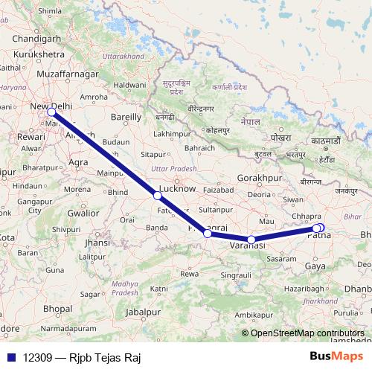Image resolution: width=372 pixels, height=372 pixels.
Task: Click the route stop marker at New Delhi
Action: [51, 113]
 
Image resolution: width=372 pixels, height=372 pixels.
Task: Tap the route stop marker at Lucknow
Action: [157, 196]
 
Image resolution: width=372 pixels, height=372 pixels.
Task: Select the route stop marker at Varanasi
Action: [252, 240]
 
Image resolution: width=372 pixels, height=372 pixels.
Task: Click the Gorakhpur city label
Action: [260, 179]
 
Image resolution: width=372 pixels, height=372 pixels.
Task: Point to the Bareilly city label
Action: [125, 117]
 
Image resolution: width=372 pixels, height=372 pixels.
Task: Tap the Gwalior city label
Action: [83, 212]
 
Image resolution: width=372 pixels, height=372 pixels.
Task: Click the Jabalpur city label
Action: [143, 312]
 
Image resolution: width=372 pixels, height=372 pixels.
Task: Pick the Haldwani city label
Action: [129, 86]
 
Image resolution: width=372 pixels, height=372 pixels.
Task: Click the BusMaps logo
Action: [336, 356]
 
